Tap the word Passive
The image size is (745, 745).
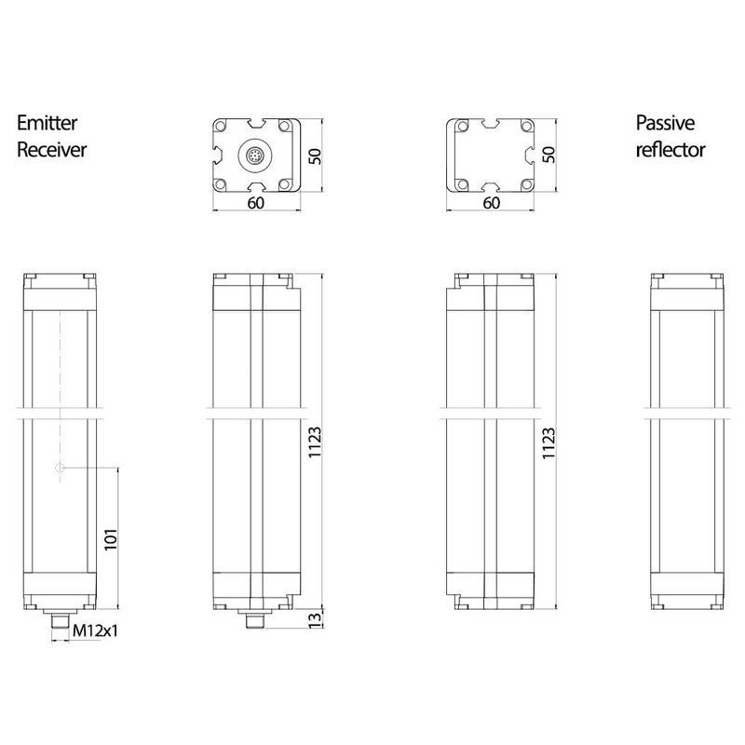(666, 123)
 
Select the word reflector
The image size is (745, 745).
(670, 150)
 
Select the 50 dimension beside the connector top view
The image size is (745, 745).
(316, 155)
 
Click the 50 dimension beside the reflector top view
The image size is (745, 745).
(549, 155)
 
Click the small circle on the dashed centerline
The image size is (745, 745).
(60, 468)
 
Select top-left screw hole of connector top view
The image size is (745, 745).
(223, 126)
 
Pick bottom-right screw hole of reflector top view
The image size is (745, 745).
(527, 184)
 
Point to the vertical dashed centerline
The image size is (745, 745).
(60, 372)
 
